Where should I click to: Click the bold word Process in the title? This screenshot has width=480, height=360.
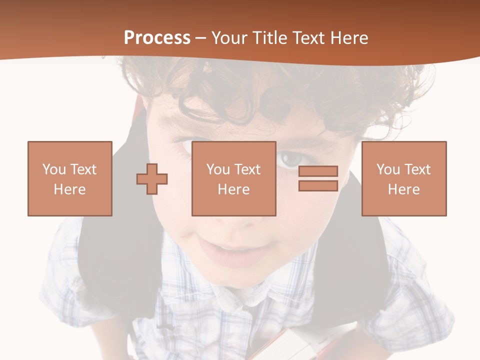tap(157, 38)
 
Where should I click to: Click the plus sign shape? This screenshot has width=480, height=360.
tap(152, 178)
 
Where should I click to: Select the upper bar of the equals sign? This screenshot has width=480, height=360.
tap(318, 171)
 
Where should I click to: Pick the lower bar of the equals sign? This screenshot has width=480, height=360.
tap(318, 185)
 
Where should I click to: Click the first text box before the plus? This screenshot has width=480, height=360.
tap(70, 178)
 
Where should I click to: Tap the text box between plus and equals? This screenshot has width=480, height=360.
tap(234, 178)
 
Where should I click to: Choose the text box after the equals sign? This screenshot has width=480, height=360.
tap(404, 178)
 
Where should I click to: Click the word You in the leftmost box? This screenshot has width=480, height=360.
tap(54, 169)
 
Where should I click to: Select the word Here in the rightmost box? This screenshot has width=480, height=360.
tap(404, 189)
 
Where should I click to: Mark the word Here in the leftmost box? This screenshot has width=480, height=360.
tap(70, 189)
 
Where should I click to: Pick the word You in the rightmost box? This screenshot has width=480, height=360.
tap(388, 169)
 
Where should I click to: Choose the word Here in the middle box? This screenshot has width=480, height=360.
tap(234, 189)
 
